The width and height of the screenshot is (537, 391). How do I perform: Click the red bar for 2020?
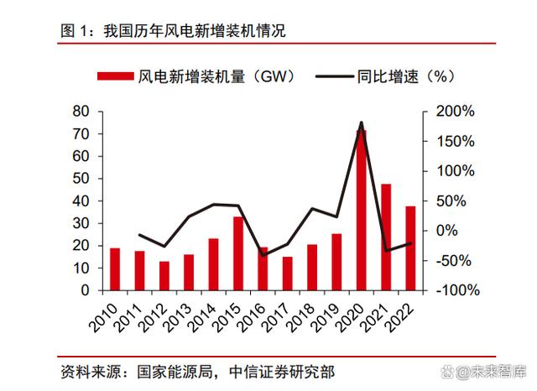(x=362, y=210)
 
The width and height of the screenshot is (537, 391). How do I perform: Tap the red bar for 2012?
(x=164, y=275)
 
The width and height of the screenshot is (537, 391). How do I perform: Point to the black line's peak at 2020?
(x=362, y=123)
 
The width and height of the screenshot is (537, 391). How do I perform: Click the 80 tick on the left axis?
(x=81, y=112)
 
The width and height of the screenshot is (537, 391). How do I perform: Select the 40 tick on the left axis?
(x=81, y=201)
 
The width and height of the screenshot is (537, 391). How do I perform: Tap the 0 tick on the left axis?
(x=85, y=290)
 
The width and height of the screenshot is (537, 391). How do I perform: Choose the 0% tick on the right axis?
(x=449, y=231)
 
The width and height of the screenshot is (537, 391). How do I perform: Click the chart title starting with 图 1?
(x=173, y=32)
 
